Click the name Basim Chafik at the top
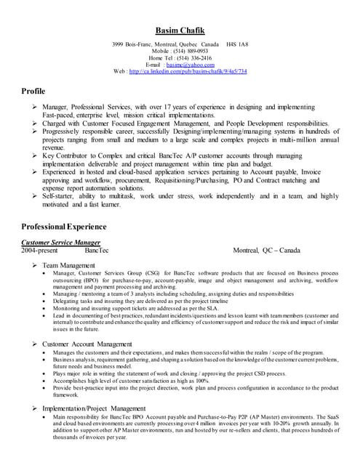[x=180, y=30]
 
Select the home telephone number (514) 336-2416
[x=191, y=57]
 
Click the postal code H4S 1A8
[x=236, y=44]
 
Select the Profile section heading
[x=33, y=91]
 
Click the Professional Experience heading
[x=64, y=227]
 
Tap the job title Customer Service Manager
[x=60, y=242]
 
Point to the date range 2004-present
[x=39, y=250]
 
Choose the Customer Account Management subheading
[x=87, y=343]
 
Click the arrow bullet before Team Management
[x=35, y=265]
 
